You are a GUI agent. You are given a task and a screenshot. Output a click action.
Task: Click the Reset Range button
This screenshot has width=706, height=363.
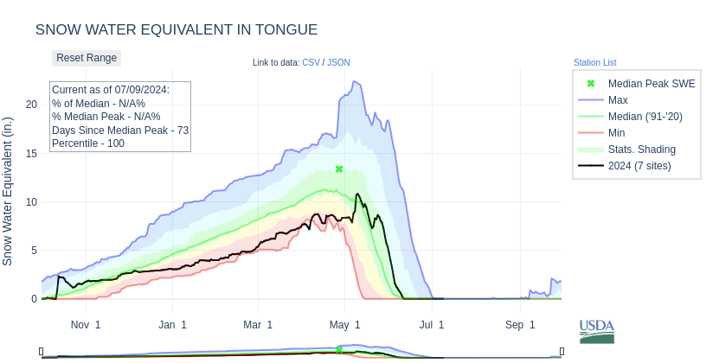pos(87,58)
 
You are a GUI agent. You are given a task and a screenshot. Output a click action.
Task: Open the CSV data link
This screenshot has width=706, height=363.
pos(311,62)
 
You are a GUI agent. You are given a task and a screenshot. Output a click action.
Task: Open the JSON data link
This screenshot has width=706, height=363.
pos(338,62)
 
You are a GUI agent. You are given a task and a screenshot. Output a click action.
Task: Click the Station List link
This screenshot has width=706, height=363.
pos(594,62)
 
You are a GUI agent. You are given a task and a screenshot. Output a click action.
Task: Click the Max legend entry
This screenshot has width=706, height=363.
pos(618,100)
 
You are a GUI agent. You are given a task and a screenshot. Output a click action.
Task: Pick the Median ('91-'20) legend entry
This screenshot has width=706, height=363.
pos(645,117)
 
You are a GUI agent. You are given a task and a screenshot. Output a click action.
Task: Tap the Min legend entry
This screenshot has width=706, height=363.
pos(616,133)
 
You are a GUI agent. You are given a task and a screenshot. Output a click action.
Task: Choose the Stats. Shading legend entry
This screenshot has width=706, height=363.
pos(641,150)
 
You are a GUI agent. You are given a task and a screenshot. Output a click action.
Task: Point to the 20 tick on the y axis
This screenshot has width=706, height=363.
pos(32,105)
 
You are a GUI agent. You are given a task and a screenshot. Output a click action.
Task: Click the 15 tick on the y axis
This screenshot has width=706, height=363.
pos(32,153)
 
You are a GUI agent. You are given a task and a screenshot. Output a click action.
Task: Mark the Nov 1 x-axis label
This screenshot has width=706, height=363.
pos(86,325)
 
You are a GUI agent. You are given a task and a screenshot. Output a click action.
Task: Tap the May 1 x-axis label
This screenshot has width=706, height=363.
pos(345,325)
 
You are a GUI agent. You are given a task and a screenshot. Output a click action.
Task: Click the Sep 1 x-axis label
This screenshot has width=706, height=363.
pos(520,325)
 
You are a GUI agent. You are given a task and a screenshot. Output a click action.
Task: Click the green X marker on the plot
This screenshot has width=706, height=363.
pos(339,169)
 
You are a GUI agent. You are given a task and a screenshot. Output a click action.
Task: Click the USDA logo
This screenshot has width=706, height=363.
pos(597,331)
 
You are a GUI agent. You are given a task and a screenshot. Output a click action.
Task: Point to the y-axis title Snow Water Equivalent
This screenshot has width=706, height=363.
pos(8,192)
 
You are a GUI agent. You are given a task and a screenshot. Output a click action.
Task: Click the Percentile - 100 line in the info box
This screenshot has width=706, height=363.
pos(88,143)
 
